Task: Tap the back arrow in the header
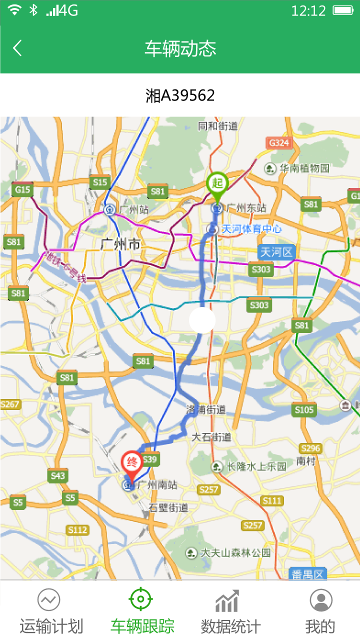point(17,48)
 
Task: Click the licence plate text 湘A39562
point(180,95)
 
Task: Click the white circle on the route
point(202,320)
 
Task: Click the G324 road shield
point(278,143)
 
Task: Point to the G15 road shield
point(22,189)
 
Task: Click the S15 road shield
point(100,182)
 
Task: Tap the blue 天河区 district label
point(276,252)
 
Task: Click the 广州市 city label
point(120,245)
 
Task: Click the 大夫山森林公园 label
point(235,552)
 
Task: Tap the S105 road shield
point(304,410)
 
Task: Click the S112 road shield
point(77,530)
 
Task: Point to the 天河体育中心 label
point(251,229)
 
